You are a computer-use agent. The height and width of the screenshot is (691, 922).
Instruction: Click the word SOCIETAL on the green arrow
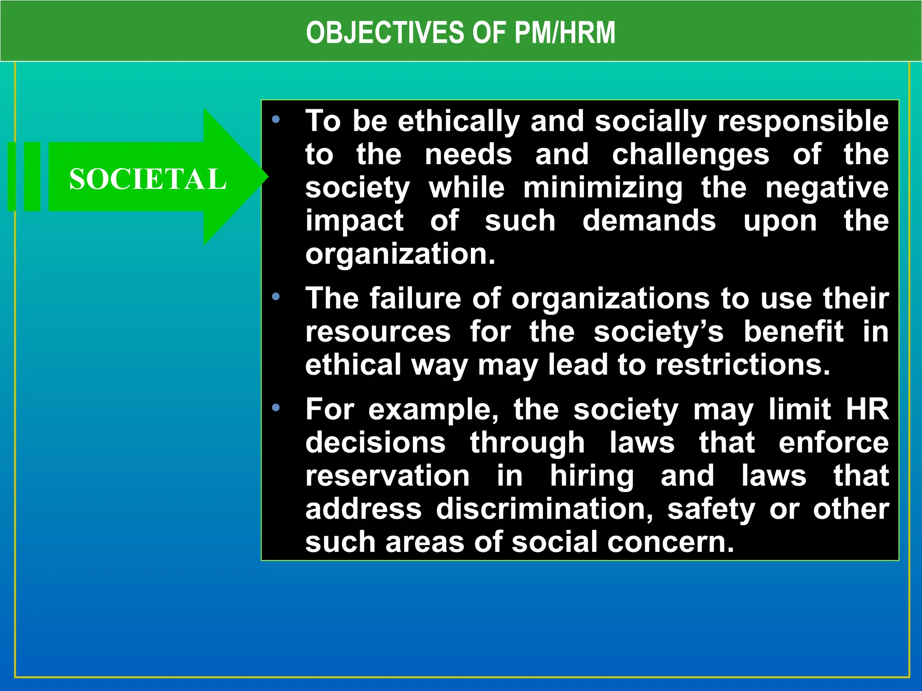147,179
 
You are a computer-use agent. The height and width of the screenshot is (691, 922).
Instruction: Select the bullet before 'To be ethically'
276,120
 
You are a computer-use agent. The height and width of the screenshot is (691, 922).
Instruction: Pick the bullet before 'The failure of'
276,297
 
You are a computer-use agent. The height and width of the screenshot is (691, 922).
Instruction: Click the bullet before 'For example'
276,408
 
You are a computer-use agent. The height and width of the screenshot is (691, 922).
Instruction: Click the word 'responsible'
803,121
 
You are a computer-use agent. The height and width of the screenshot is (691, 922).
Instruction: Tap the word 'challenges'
691,154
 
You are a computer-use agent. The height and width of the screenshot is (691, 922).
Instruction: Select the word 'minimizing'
602,188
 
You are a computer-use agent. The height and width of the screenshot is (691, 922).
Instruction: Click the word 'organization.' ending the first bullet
400,254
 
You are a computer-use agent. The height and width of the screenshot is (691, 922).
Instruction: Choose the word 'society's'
658,332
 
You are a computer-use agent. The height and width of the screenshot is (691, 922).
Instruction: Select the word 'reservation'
387,476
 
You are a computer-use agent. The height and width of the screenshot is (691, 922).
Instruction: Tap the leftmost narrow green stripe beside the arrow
12,176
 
